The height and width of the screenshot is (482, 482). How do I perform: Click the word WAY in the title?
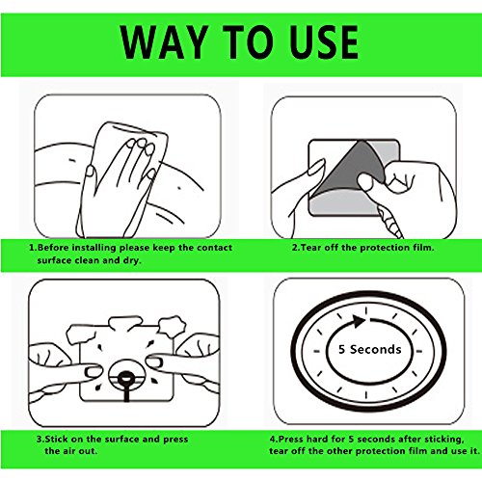click(x=164, y=42)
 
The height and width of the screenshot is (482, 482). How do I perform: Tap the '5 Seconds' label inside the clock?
click(x=370, y=349)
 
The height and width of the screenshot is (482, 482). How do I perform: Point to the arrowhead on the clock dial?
click(x=359, y=321)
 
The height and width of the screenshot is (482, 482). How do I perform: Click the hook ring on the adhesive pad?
click(x=125, y=378)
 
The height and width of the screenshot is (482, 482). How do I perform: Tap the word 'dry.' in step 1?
click(x=133, y=260)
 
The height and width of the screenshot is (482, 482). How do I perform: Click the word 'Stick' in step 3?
click(x=57, y=439)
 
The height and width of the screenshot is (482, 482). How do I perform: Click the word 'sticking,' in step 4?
click(x=444, y=440)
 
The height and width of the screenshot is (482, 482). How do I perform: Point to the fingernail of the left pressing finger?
click(x=93, y=372)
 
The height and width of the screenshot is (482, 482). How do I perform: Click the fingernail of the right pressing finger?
click(x=153, y=361)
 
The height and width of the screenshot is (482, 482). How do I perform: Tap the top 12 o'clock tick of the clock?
click(x=365, y=311)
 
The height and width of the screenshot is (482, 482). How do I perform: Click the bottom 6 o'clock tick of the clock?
click(x=365, y=395)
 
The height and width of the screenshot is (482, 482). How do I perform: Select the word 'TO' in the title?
click(x=247, y=42)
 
